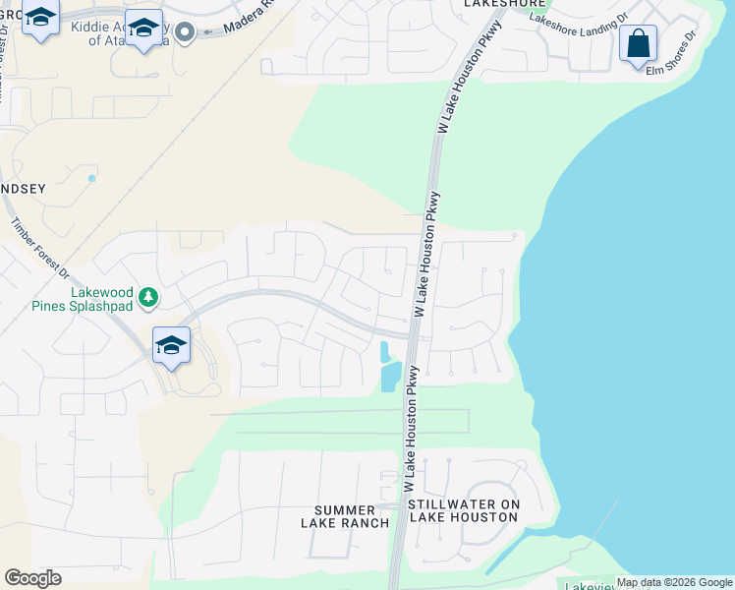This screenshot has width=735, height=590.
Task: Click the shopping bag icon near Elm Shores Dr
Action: [638, 44]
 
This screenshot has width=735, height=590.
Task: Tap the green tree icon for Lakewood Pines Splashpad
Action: [147, 295]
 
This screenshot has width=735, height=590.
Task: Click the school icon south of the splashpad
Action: [171, 345]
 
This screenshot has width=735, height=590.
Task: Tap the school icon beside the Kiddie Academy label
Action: [143, 29]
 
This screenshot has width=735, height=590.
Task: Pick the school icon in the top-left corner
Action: [40, 19]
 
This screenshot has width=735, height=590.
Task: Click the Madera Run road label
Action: [246, 22]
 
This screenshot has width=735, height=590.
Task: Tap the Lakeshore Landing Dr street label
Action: [578, 18]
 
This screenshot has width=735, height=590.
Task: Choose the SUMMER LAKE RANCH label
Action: [344, 516]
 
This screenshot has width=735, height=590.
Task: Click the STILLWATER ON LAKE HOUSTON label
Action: [464, 510]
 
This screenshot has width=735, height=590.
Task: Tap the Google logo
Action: [32, 578]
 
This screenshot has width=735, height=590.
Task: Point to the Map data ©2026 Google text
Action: [674, 582]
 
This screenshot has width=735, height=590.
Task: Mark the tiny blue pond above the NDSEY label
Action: [91, 178]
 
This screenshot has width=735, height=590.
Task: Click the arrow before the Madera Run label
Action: [208, 30]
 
